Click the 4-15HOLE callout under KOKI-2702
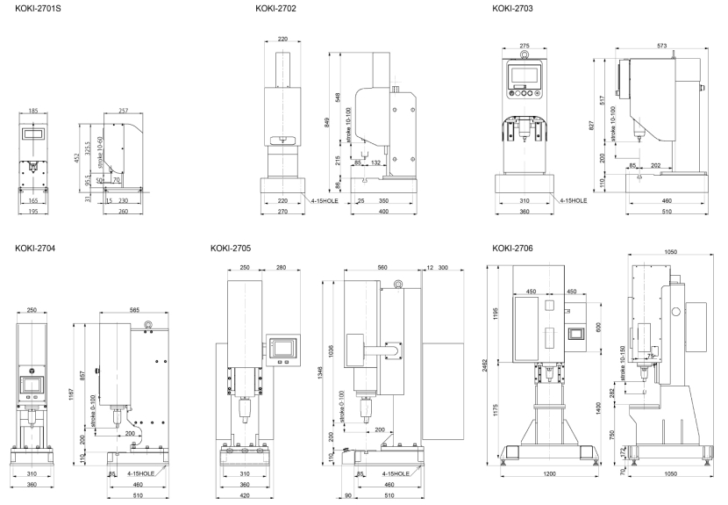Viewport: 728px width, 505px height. pos(317,200)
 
